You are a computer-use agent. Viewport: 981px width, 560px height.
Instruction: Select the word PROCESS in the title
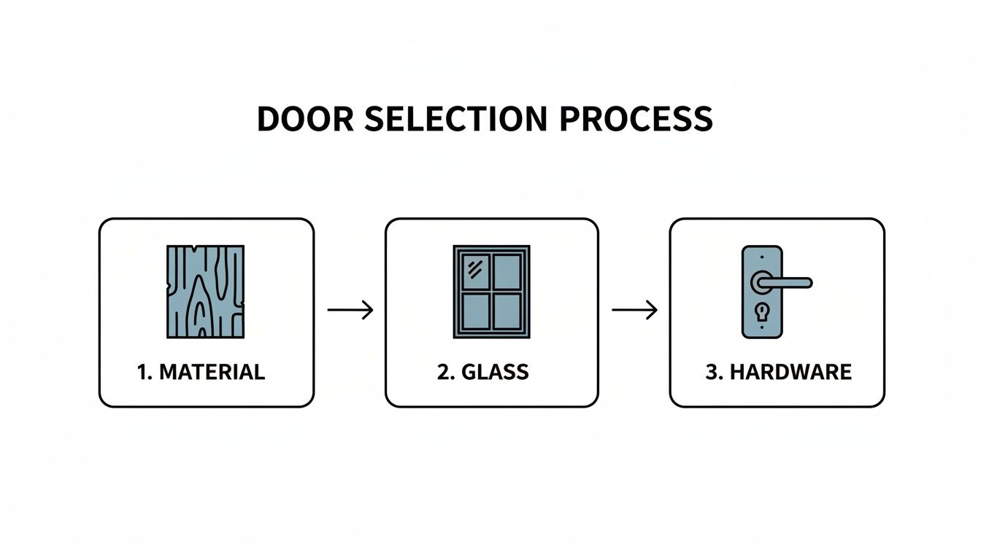tap(636, 119)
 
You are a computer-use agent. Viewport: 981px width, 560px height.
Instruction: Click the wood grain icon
tap(206, 291)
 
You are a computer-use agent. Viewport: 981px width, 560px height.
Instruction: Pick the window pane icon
tap(491, 291)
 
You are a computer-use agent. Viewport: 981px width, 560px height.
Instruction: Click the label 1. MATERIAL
tap(201, 372)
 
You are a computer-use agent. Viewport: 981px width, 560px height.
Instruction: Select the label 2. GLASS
tap(483, 372)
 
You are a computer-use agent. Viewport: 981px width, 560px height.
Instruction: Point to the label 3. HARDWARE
tap(778, 372)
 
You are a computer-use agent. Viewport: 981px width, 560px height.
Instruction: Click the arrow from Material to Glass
tap(350, 310)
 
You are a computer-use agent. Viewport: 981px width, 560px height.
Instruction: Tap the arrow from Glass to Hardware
tap(634, 310)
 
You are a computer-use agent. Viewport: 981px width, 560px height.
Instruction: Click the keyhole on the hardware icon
tap(761, 311)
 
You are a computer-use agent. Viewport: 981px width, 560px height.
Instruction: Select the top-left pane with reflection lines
tap(474, 271)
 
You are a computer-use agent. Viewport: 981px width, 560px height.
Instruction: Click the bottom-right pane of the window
tap(507, 311)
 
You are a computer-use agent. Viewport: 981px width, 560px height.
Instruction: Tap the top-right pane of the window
tap(507, 271)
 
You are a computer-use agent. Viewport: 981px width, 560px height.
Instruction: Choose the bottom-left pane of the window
tap(474, 311)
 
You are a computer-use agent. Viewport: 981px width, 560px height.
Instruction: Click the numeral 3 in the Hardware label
tap(712, 372)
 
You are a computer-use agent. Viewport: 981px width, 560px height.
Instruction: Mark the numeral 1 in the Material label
tap(142, 372)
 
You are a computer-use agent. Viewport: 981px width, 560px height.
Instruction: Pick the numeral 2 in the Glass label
tap(443, 372)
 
